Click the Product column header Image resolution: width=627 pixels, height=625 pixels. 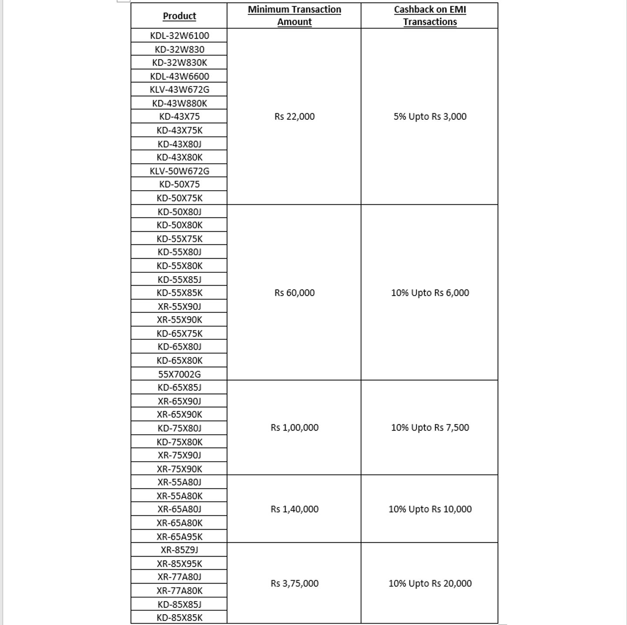coord(179,16)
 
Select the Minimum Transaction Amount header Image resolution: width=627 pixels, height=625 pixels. coord(294,16)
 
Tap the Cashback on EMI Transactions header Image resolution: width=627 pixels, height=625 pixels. coord(430,16)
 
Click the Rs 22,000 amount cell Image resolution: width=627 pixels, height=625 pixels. coord(294,116)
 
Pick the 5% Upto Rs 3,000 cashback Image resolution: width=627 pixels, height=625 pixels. coord(430,116)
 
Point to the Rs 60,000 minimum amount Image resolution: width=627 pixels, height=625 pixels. coord(294,293)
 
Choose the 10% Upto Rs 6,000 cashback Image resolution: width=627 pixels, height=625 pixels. coord(430,293)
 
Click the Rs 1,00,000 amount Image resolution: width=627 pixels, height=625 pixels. coord(294,428)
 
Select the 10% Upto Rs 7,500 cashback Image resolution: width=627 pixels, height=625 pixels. coord(430,428)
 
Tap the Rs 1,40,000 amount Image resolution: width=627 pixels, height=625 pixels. coord(294,509)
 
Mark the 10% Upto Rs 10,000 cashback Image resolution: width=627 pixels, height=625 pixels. coord(430,509)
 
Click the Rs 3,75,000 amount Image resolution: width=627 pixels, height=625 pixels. coord(294,583)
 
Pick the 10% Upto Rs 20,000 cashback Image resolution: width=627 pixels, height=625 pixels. coord(430,583)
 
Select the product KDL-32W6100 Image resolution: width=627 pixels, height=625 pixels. coord(179,36)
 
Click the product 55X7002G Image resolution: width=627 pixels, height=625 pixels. coord(179,374)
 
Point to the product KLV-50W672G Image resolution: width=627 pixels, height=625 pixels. coord(179,171)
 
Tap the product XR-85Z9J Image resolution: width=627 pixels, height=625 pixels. coord(179,550)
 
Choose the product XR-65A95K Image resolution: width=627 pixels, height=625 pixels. coord(179,537)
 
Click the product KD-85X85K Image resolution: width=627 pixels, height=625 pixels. coord(179,617)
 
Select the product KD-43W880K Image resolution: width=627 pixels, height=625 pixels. coord(179,103)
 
